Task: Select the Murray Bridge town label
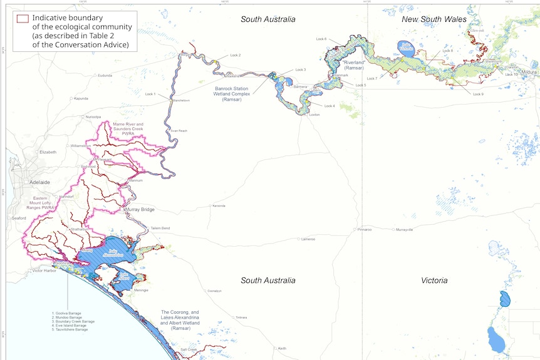point(140,210)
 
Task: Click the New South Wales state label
point(434,19)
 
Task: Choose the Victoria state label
point(434,280)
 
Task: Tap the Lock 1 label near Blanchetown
point(150,94)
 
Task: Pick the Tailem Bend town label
point(160,229)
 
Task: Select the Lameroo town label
point(308,239)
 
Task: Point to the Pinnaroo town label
point(365,230)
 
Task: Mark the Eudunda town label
point(105,75)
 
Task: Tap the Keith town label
point(283,349)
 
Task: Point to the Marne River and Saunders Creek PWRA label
point(128,129)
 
